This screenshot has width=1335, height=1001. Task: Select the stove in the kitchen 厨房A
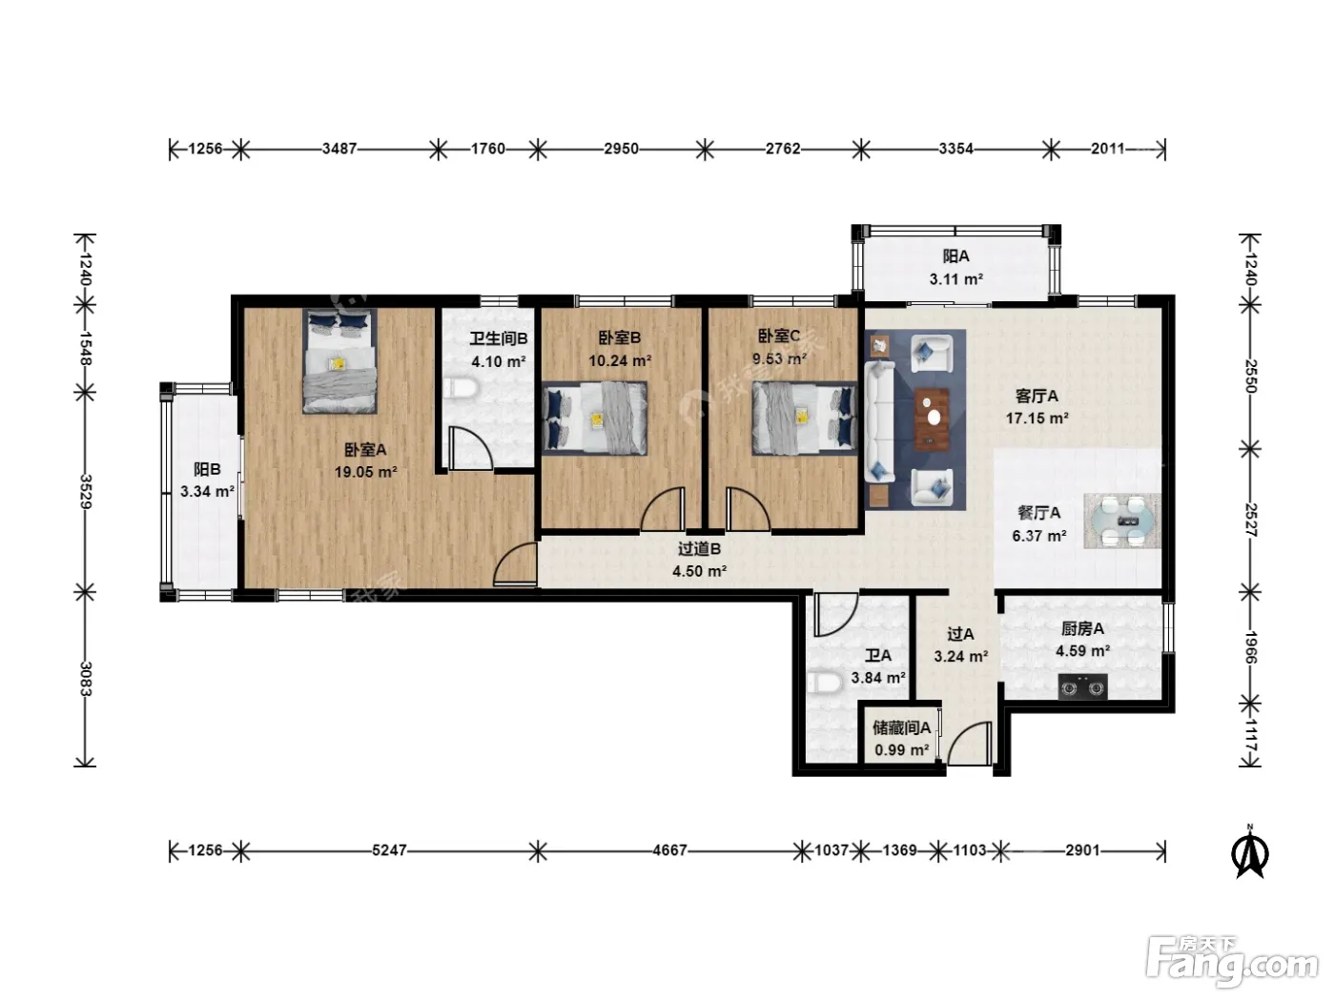pyautogui.click(x=1082, y=686)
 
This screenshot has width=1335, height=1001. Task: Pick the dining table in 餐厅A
pyautogui.click(x=1122, y=521)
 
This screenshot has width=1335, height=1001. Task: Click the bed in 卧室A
pyautogui.click(x=340, y=361)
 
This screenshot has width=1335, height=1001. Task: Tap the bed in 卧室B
pyautogui.click(x=595, y=419)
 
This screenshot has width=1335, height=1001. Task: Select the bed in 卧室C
pyautogui.click(x=805, y=419)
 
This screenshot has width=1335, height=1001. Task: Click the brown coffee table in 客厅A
pyautogui.click(x=932, y=419)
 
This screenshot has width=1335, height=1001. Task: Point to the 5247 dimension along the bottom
pyautogui.click(x=389, y=849)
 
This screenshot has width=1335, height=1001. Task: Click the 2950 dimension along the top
pyautogui.click(x=621, y=149)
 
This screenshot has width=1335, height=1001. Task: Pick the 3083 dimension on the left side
pyautogui.click(x=86, y=679)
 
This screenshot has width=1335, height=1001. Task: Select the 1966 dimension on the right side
pyautogui.click(x=1250, y=647)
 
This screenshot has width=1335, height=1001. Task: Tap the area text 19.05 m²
pyautogui.click(x=365, y=472)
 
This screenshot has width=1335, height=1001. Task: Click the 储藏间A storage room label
pyautogui.click(x=901, y=727)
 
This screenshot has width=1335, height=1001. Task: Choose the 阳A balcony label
pyautogui.click(x=956, y=256)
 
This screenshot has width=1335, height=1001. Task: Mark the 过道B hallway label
pyautogui.click(x=699, y=549)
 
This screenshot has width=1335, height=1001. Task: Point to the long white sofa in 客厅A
pyautogui.click(x=879, y=421)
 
